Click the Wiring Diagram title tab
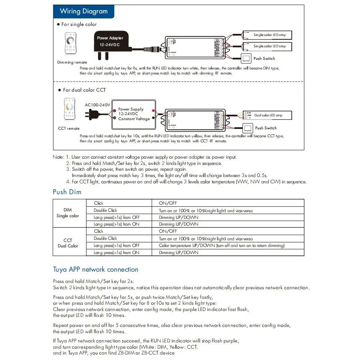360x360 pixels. pyautogui.click(x=84, y=11)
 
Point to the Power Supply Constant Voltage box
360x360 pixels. pyautogui.click(x=134, y=114)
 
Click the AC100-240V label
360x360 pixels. pyautogui.click(x=97, y=105)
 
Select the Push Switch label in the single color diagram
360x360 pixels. pyautogui.click(x=265, y=59)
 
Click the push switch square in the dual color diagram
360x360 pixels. pyautogui.click(x=247, y=128)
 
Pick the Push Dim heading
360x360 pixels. pyautogui.click(x=67, y=192)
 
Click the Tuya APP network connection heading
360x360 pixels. pyautogui.click(x=95, y=269)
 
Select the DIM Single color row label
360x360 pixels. pyautogui.click(x=68, y=213)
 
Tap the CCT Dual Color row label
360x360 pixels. pyautogui.click(x=68, y=243)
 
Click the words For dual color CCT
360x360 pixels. pyautogui.click(x=84, y=90)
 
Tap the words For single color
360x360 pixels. pyautogui.click(x=79, y=24)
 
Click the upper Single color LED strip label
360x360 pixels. pyautogui.click(x=270, y=35)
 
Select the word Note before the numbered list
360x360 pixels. pyautogui.click(x=58, y=157)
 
